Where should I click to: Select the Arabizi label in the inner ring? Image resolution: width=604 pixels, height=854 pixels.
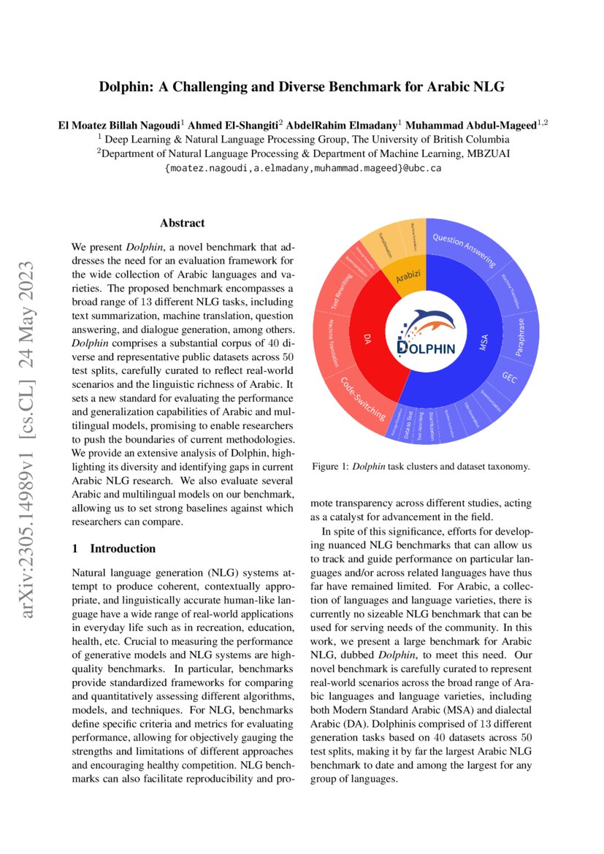coord(410,278)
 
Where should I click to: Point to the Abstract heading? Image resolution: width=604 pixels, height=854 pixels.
coord(182,223)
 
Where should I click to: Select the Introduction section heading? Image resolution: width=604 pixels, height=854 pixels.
coord(122,548)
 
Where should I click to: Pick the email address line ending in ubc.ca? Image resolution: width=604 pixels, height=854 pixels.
coord(302,167)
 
